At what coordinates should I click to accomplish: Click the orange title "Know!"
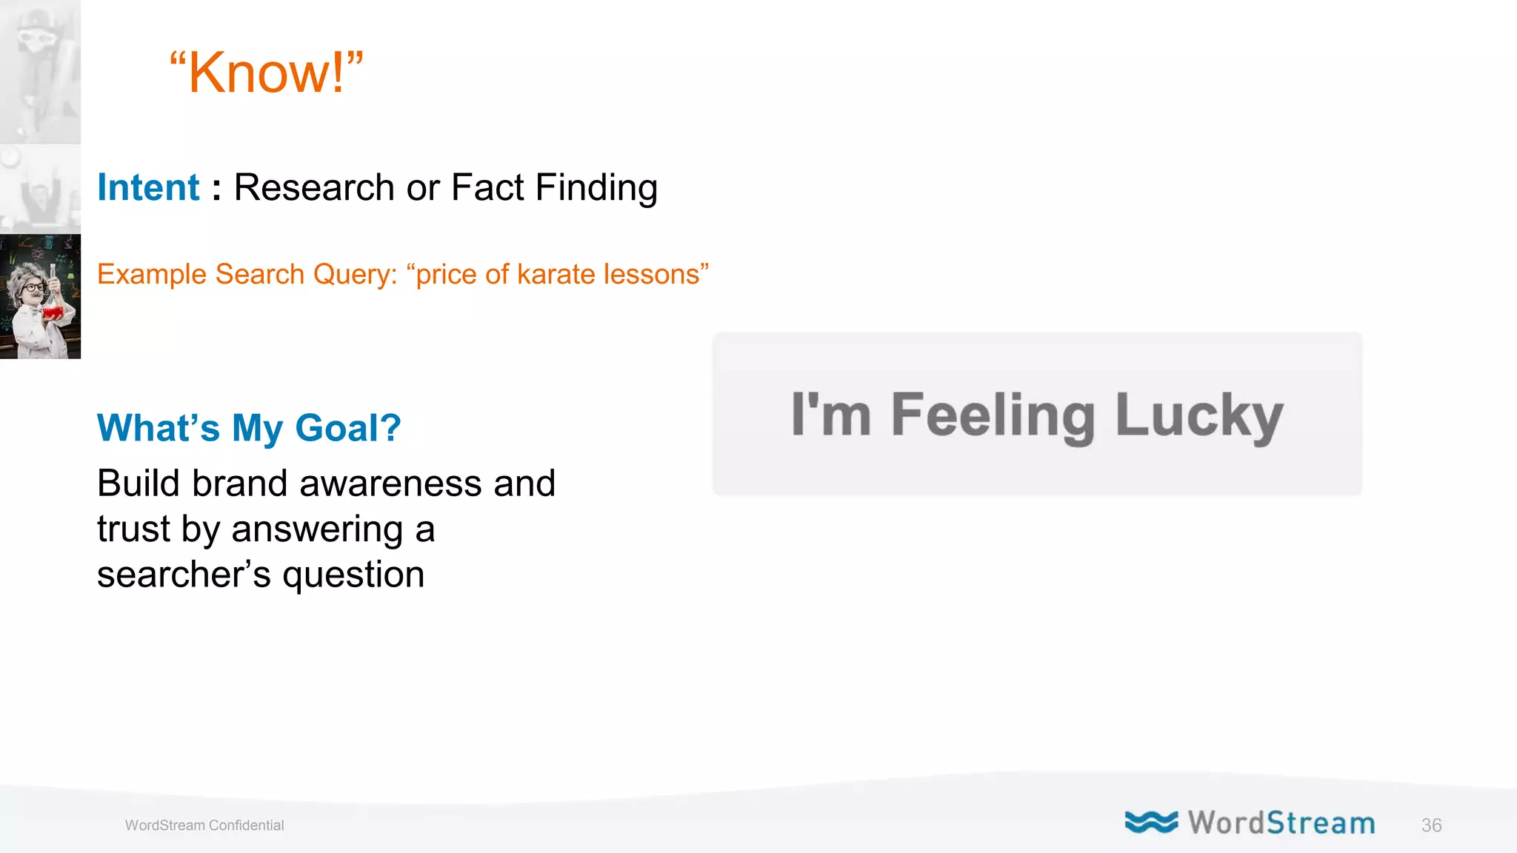click(x=267, y=73)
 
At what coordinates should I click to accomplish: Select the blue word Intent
click(x=148, y=187)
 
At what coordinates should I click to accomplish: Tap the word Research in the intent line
click(x=314, y=187)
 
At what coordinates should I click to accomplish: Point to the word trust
click(x=133, y=529)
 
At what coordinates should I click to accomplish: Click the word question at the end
click(x=353, y=575)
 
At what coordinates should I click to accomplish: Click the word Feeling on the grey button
click(x=993, y=416)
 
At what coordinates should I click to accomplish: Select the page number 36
click(x=1431, y=825)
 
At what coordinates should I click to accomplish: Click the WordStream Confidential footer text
click(x=204, y=825)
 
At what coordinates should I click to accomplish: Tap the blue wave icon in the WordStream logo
click(x=1150, y=822)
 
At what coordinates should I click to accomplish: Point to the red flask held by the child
click(x=52, y=312)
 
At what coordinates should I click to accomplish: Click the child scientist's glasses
click(x=33, y=287)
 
